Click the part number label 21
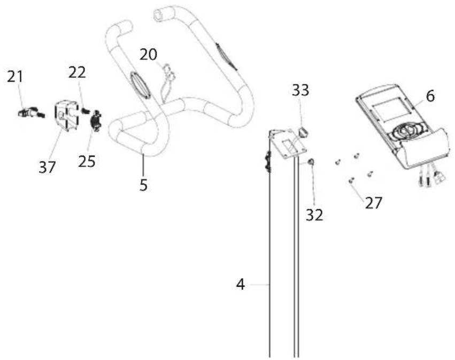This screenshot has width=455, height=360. [x=15, y=76]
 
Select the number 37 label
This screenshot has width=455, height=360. [x=47, y=167]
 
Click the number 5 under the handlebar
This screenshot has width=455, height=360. [x=144, y=186]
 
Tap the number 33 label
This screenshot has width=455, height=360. [x=300, y=90]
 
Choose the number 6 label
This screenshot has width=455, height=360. [x=431, y=96]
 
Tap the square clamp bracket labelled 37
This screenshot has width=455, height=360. [x=65, y=116]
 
